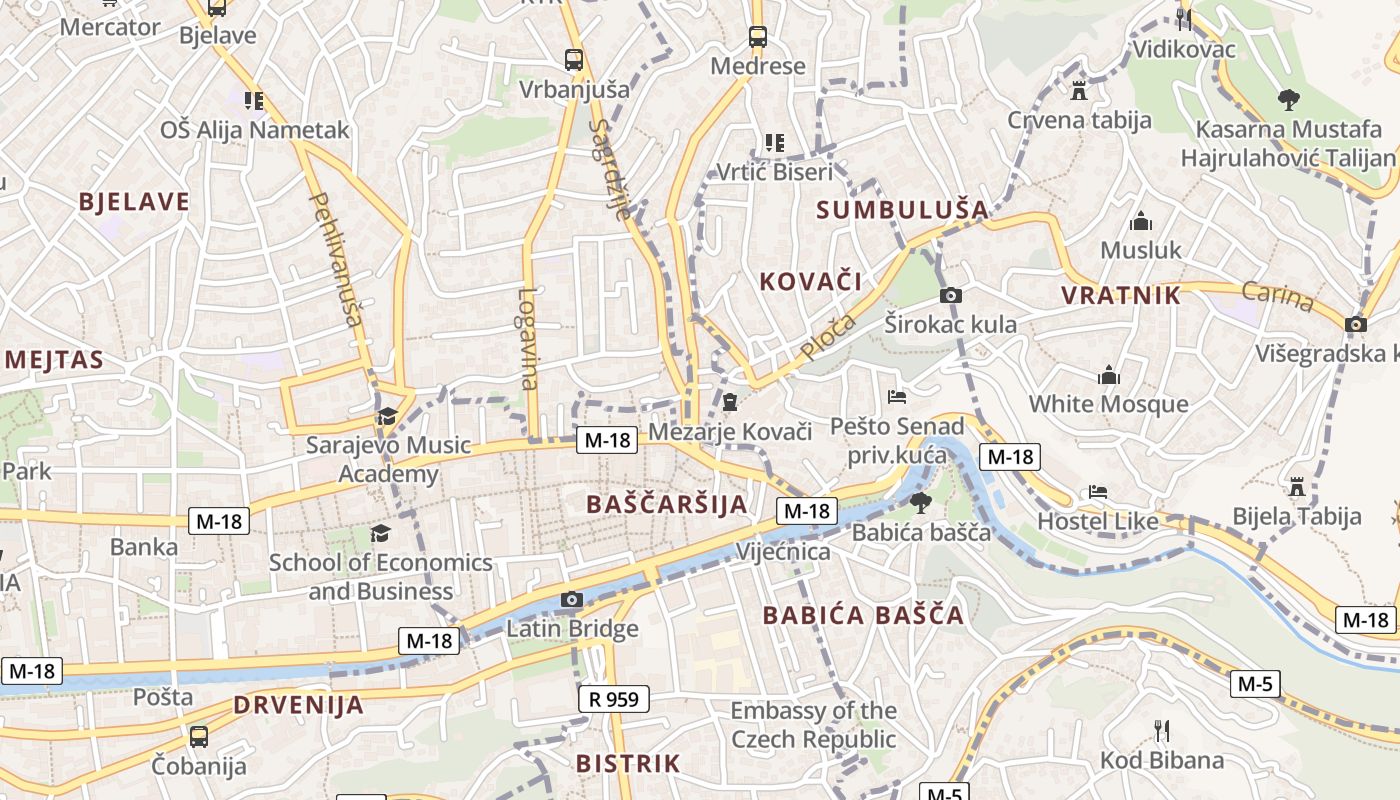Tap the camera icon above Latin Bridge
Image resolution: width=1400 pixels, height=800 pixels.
pos(572,600)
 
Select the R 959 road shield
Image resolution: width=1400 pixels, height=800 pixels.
pos(614,699)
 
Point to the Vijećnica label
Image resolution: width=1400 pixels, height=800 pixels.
pos(783,552)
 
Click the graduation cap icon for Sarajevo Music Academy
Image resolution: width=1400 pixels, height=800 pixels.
pos(387,416)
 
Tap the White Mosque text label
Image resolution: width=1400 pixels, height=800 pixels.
pos(1109,404)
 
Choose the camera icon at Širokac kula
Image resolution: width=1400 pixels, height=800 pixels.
pos(951,295)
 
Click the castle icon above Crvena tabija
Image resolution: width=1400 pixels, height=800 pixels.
pos(1078,90)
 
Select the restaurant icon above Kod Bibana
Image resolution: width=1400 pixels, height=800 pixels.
pos(1161,730)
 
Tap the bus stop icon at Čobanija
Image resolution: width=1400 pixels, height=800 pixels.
pos(199,737)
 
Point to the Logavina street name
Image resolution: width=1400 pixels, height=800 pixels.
pos(528,338)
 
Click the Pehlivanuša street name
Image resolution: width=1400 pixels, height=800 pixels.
pos(336,259)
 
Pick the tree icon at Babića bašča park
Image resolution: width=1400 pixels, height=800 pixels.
pos(920,502)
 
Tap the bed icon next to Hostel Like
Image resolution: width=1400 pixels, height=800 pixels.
pos(1097,492)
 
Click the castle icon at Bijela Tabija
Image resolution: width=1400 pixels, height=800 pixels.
pos(1297,486)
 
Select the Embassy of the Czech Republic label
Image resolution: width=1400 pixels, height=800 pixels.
pos(813,725)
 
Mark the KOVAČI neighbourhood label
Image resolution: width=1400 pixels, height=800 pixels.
pos(811,281)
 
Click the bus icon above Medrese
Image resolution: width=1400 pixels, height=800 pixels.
pos(758,37)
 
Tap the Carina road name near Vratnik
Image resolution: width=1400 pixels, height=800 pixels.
pos(1277,297)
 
